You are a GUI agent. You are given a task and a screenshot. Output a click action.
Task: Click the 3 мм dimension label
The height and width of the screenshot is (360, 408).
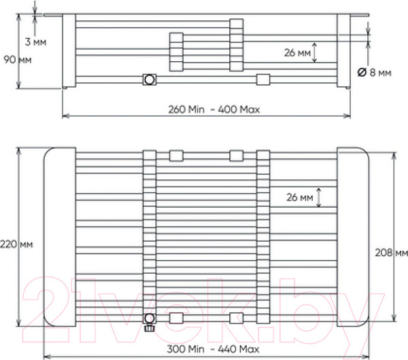(x=35, y=42)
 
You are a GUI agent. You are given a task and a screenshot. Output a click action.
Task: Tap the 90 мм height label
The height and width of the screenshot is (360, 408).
(x=18, y=60)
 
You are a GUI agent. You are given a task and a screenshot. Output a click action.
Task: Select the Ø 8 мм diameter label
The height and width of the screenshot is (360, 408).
(x=374, y=72)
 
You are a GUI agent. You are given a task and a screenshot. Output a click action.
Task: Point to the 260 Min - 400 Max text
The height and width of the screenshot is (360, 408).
(x=214, y=109)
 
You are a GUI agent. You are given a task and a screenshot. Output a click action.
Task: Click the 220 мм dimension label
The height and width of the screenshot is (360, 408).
(x=16, y=245)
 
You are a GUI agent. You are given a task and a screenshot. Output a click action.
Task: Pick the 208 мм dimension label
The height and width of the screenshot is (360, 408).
(x=392, y=253)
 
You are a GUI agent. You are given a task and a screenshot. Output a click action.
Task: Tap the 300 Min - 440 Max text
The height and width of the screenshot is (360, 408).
(x=213, y=349)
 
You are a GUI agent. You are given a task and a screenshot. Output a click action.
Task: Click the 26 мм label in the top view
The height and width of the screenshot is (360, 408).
(x=297, y=53)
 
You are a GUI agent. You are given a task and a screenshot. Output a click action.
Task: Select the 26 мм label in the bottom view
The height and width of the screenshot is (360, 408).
(x=300, y=198)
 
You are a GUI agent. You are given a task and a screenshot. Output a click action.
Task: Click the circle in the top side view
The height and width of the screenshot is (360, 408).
(x=150, y=79)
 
